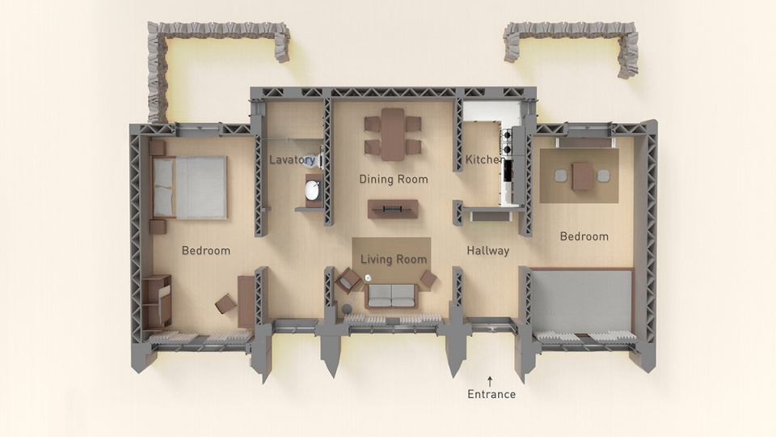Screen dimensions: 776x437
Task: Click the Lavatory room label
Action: click(x=292, y=159)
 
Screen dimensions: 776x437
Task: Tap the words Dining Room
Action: click(x=394, y=179)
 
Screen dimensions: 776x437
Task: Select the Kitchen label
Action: click(x=484, y=159)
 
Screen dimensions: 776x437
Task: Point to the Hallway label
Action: click(x=488, y=251)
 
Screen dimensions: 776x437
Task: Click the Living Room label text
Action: click(x=394, y=259)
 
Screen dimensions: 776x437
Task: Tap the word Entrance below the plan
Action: click(x=491, y=394)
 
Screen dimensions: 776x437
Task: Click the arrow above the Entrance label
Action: click(x=490, y=381)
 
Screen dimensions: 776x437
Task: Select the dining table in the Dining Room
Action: click(x=393, y=134)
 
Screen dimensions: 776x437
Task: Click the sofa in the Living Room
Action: click(x=392, y=296)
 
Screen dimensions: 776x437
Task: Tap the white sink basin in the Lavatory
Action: click(x=312, y=190)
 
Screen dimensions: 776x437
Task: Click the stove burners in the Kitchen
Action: click(x=507, y=142)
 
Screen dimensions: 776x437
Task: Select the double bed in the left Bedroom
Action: click(x=189, y=187)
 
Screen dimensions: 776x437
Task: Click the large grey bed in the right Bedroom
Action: click(x=581, y=302)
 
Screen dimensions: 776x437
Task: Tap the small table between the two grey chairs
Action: click(x=582, y=176)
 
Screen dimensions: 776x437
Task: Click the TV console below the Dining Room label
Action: click(x=393, y=209)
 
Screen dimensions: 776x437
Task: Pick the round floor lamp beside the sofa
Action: click(x=347, y=309)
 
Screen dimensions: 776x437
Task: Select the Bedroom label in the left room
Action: click(x=206, y=251)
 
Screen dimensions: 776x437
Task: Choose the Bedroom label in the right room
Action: click(x=584, y=236)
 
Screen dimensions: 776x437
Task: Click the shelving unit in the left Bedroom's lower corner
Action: click(x=156, y=301)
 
